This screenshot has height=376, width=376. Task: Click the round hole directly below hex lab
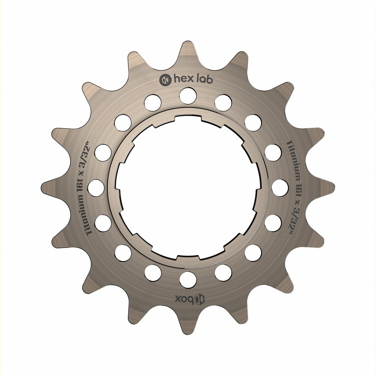click(x=188, y=96)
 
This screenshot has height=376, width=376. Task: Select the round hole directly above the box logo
click(x=188, y=279)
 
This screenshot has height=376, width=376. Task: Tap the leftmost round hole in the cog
click(x=96, y=188)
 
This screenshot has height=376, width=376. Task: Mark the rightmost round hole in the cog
click(x=280, y=188)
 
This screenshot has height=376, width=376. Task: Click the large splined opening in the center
click(x=188, y=188)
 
